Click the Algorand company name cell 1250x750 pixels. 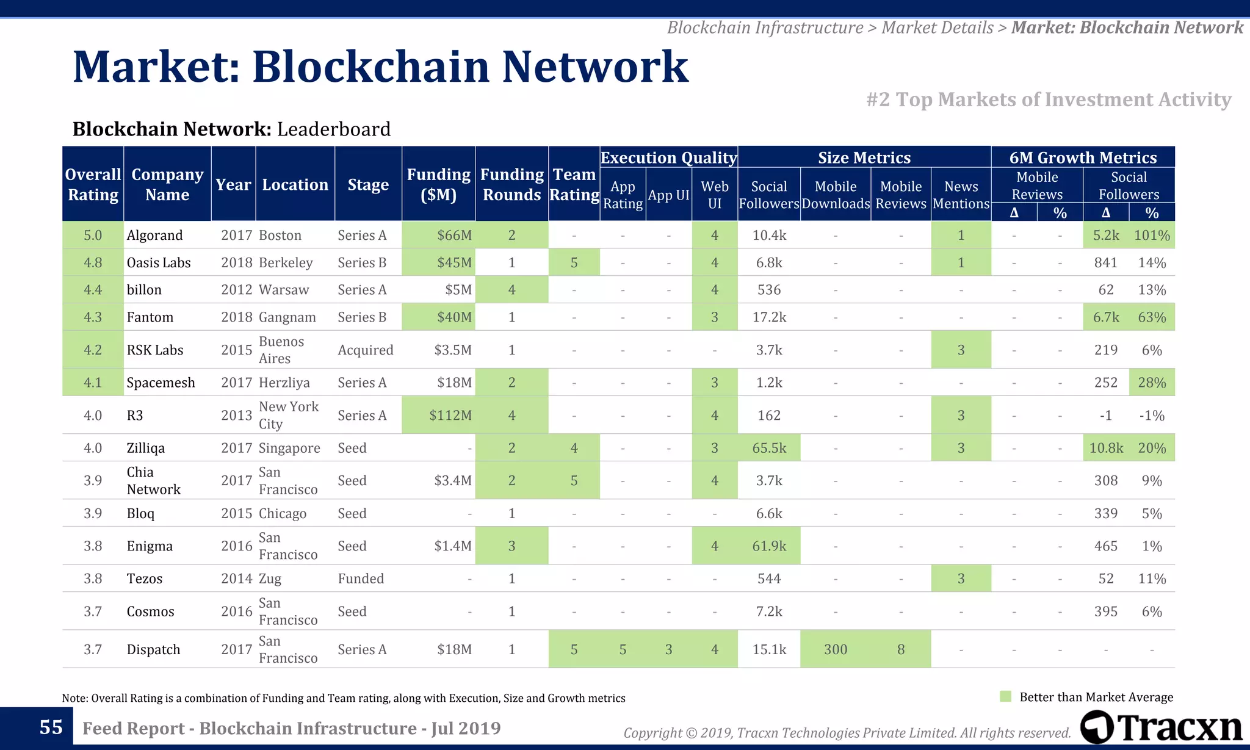pos(154,235)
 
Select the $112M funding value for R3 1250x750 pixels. pos(450,415)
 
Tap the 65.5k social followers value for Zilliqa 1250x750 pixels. pos(768,448)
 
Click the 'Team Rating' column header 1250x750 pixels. pos(574,184)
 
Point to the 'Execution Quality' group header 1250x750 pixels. pos(668,157)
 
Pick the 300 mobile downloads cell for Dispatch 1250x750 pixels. pos(835,649)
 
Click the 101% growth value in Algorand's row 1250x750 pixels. pos(1151,235)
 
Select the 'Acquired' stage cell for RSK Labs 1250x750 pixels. pos(365,350)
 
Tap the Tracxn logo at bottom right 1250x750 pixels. pos(1161,727)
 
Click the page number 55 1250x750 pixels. pos(51,727)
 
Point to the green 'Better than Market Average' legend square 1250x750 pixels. pos(1006,696)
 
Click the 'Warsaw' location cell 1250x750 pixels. pos(284,289)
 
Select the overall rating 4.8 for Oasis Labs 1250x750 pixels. pos(93,262)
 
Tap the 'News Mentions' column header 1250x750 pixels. pos(961,195)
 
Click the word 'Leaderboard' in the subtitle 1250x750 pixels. pos(333,129)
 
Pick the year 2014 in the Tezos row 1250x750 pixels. pos(236,579)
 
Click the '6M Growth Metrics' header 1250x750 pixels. pos(1082,157)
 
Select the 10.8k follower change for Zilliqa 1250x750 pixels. pos(1105,448)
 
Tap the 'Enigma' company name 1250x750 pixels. pos(150,546)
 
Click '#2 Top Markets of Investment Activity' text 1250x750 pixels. pos(1048,99)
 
